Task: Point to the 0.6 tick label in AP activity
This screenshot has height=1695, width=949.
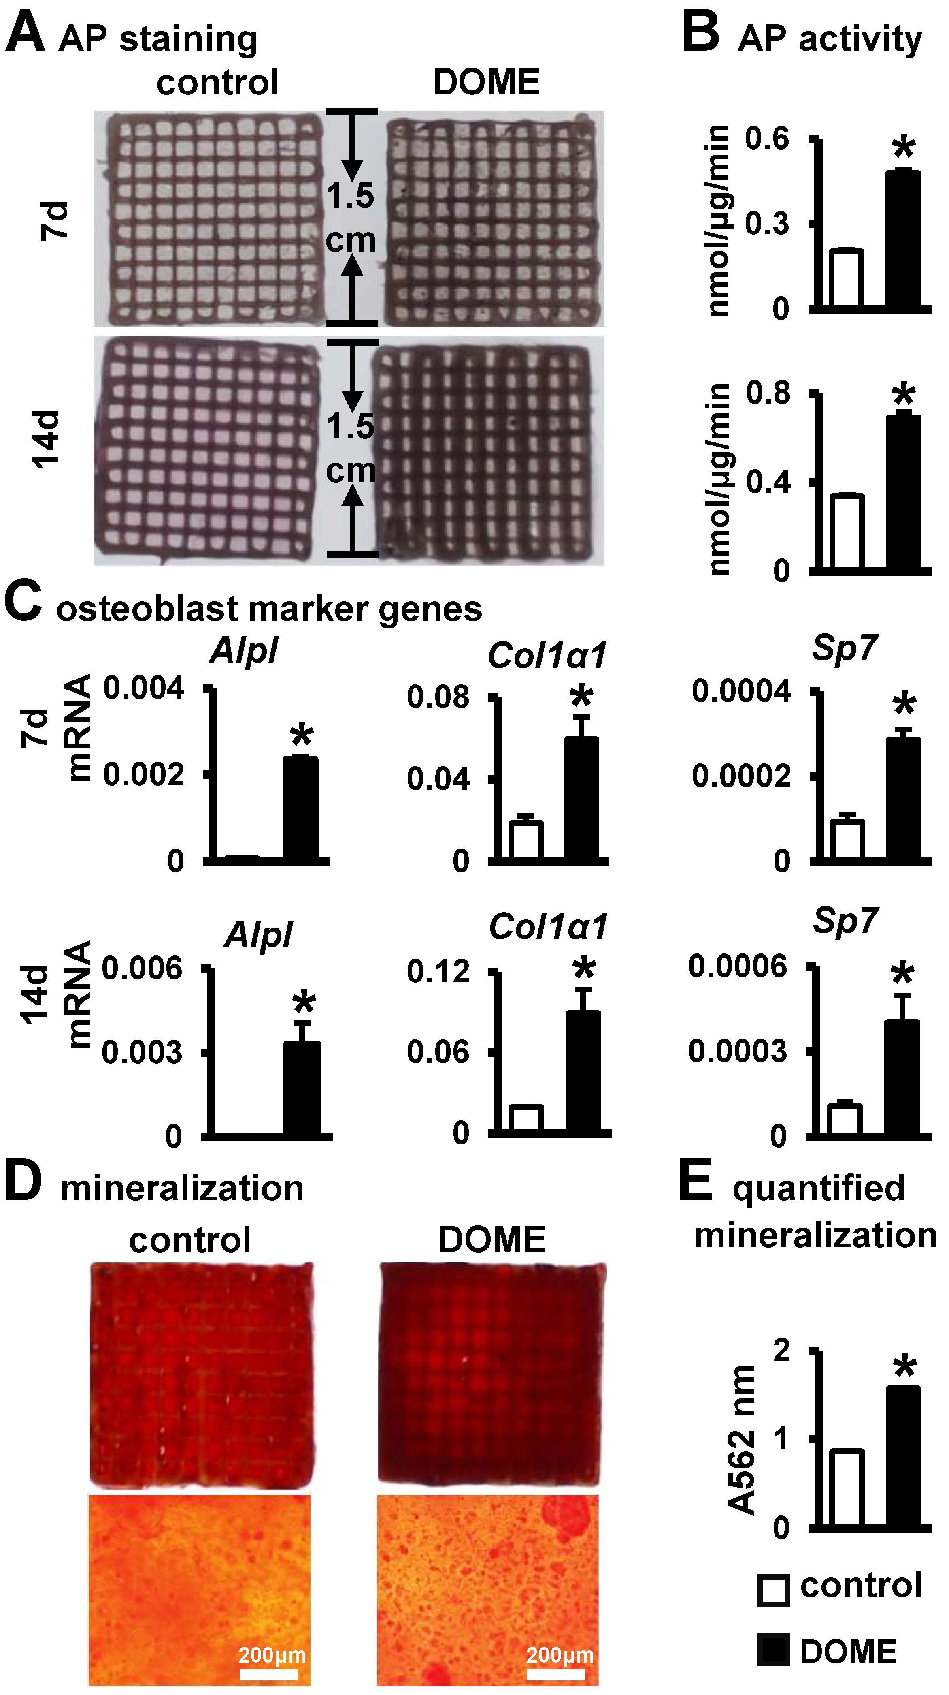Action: (767, 139)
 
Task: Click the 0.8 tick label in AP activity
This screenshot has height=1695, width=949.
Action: (768, 393)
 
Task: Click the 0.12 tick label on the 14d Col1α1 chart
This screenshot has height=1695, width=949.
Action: (438, 972)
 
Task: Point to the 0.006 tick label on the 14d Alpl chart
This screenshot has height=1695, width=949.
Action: (141, 968)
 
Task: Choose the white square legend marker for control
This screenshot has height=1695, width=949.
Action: (773, 1590)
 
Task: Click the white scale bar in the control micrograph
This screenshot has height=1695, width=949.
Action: (268, 1673)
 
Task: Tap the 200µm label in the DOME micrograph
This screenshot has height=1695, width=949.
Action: (560, 1654)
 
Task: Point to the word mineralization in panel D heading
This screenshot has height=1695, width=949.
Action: (182, 1188)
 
